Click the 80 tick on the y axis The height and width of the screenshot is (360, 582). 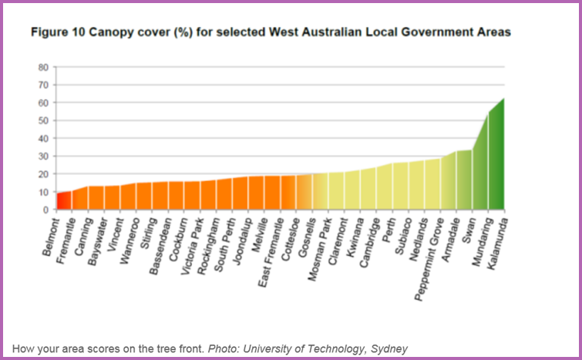(44, 67)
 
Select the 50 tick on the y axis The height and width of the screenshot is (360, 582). (44, 120)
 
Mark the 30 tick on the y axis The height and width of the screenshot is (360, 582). (44, 156)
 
